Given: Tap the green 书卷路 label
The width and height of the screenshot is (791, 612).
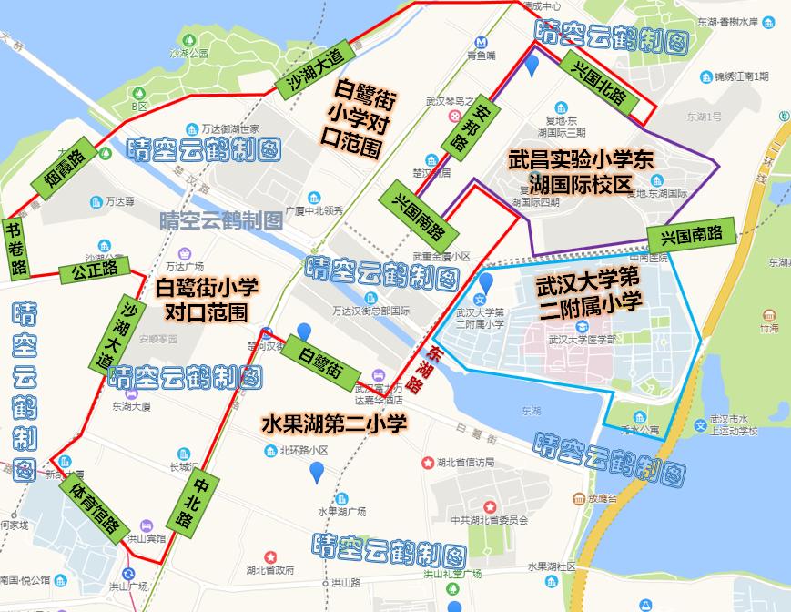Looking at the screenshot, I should (16, 248).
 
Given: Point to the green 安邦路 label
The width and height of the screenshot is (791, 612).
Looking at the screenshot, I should (464, 128).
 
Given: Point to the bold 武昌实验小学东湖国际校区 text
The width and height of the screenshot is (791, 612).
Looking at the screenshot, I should (582, 170).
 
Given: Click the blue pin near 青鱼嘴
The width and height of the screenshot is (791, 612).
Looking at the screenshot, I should (532, 65).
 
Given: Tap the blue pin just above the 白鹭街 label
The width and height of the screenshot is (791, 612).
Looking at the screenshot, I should (303, 333).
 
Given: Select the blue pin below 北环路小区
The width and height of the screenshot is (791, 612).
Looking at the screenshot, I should (317, 472).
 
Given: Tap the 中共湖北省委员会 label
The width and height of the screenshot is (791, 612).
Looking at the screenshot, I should (490, 520).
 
